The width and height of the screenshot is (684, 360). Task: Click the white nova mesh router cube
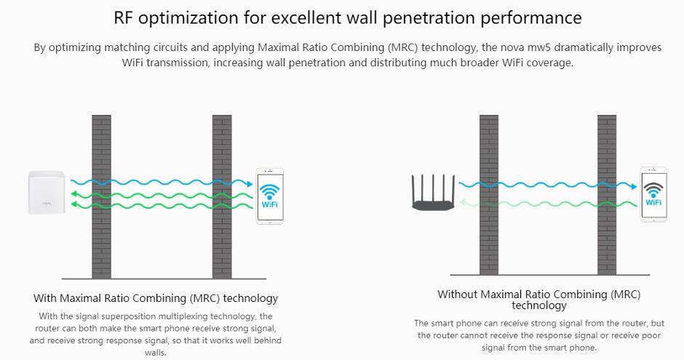(x=47, y=193)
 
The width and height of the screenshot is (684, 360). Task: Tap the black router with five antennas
(x=433, y=193)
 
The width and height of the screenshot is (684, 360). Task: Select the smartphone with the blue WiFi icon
(x=269, y=196)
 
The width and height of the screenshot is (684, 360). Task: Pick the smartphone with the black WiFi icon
(x=653, y=194)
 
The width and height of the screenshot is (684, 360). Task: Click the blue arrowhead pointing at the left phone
(x=250, y=184)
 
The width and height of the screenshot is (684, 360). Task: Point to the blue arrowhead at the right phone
(x=634, y=186)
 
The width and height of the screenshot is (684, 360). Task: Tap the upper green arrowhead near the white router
(x=74, y=194)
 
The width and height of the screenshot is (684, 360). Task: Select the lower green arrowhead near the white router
(x=74, y=204)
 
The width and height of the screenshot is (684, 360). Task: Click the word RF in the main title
(x=123, y=18)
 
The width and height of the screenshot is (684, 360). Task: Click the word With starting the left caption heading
(x=44, y=298)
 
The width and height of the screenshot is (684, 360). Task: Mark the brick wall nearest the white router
(x=102, y=196)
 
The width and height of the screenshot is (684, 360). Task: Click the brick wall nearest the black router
(x=489, y=195)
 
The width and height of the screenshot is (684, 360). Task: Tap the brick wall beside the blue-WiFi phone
(x=222, y=196)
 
